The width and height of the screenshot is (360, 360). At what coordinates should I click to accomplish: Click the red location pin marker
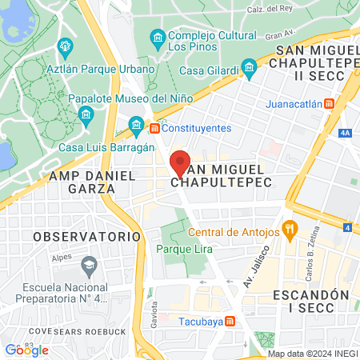click(x=181, y=162)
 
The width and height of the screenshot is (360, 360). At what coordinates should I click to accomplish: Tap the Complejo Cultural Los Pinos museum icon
click(x=158, y=37)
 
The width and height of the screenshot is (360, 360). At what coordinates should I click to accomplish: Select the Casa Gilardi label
click(x=210, y=70)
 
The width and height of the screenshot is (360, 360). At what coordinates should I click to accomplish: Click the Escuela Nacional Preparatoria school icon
click(x=89, y=263)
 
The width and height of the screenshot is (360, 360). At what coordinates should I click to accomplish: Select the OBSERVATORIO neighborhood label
click(x=87, y=237)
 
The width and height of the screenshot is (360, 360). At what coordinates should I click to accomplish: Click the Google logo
click(x=27, y=350)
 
